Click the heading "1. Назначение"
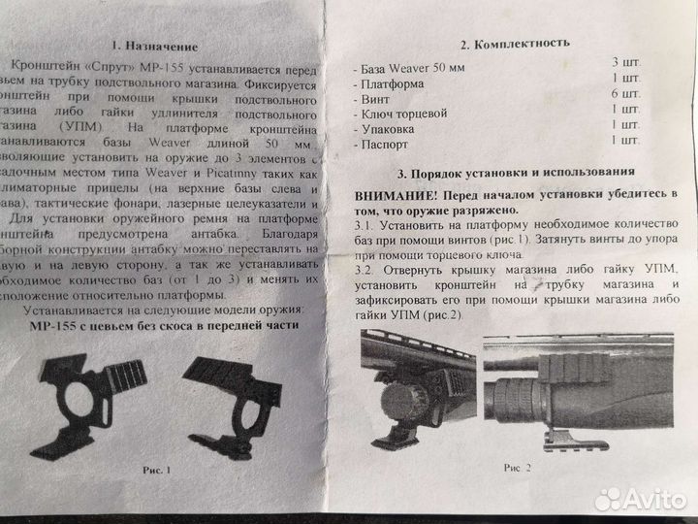(x=154, y=46)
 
